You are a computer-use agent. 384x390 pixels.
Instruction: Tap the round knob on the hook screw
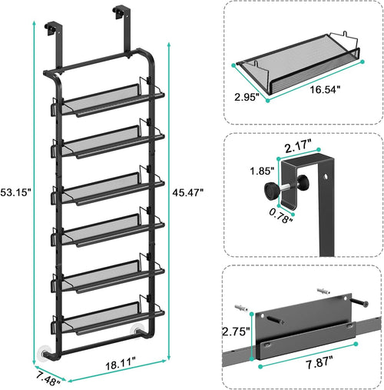tap(272, 188)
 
